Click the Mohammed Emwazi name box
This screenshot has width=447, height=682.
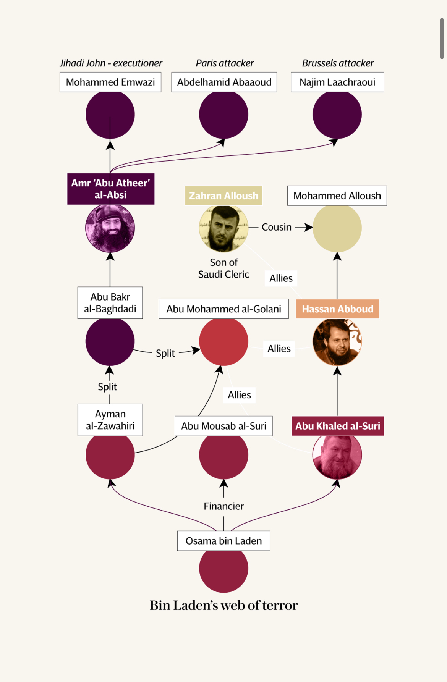point(110,82)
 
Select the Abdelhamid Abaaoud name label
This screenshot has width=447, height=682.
point(224,82)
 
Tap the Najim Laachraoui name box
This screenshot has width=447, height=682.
point(337,82)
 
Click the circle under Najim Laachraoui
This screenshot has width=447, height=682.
point(337,115)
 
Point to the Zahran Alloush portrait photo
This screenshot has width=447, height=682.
point(223,228)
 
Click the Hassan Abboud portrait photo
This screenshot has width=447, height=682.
point(337,342)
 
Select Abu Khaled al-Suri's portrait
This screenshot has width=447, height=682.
point(337,455)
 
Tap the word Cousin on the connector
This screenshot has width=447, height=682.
point(277,227)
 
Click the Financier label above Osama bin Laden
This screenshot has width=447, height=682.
point(223,506)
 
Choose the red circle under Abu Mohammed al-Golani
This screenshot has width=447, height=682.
point(223,341)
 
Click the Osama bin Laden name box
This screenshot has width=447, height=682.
point(223,541)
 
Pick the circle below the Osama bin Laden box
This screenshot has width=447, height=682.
point(223,569)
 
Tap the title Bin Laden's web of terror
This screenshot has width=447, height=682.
point(223,605)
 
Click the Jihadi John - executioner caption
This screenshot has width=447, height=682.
point(111,63)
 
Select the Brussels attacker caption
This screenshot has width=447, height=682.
point(338,63)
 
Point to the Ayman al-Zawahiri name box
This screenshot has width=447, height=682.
point(110,420)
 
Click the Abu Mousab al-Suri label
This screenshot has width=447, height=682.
point(223,426)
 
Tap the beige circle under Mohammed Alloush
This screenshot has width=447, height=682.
point(337,228)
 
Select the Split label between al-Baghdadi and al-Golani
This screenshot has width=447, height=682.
point(165,353)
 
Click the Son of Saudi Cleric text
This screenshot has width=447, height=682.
point(223,268)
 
